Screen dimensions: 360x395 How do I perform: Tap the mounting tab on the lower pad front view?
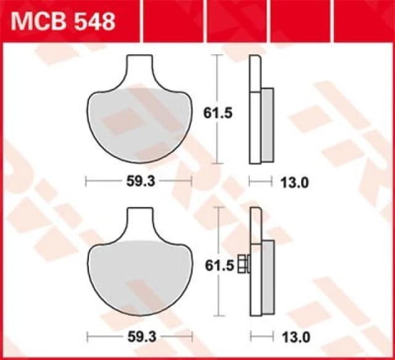(139, 222)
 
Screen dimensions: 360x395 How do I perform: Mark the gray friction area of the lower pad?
(139, 277)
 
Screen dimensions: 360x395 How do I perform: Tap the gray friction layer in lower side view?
(267, 277)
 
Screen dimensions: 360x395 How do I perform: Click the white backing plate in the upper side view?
(255, 111)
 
